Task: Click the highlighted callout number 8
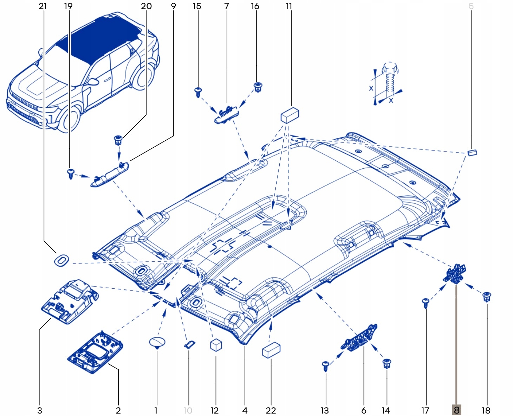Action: (456, 410)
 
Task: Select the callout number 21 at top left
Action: (43, 6)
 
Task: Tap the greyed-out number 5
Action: (471, 6)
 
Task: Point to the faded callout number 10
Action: (188, 410)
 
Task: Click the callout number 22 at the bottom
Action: (271, 410)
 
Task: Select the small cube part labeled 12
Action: (216, 345)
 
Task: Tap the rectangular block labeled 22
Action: (271, 350)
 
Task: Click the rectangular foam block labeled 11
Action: (290, 115)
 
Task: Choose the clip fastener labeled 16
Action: (258, 86)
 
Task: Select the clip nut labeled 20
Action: (118, 140)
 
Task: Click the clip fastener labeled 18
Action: (487, 297)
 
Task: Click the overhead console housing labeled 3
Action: (70, 301)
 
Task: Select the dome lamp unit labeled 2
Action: (95, 352)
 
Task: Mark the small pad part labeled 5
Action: (472, 152)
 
